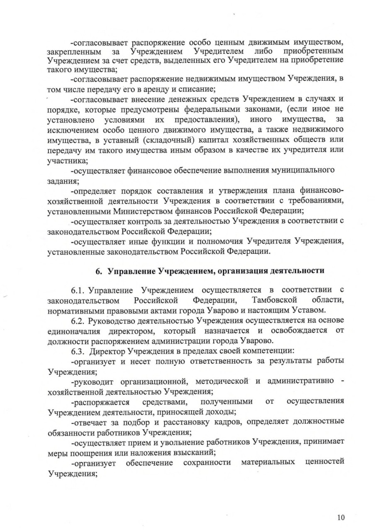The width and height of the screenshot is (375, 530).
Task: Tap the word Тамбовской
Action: tap(274, 300)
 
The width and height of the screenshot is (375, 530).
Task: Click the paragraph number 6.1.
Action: tap(79, 290)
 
